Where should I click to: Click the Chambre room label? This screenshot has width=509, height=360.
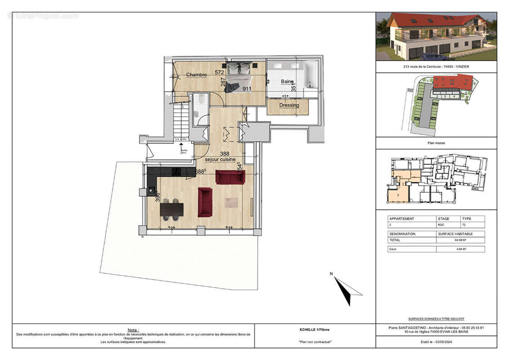[196, 75]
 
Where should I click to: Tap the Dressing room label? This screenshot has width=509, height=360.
[289, 105]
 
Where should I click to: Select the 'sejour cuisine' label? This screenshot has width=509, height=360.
[221, 159]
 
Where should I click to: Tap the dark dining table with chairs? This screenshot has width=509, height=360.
[172, 210]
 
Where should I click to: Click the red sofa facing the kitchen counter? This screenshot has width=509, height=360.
[230, 177]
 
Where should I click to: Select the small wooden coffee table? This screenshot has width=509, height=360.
[231, 202]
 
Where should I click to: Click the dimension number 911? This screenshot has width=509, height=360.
[247, 89]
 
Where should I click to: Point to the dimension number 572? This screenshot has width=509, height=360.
[219, 72]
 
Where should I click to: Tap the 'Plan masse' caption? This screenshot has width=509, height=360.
[436, 143]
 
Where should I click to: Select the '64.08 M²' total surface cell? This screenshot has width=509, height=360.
[460, 240]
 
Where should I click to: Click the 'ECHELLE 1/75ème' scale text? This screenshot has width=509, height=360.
[315, 329]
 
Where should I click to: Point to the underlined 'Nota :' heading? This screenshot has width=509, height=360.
[133, 330]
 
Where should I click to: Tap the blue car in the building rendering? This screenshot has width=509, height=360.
[433, 57]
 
